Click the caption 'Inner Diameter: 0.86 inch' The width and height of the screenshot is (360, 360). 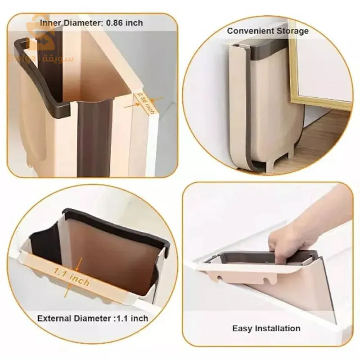coord(91,23)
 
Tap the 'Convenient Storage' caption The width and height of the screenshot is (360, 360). coord(268,31)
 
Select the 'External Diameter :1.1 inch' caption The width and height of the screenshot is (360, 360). coord(93,319)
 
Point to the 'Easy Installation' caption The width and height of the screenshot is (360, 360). coord(266,328)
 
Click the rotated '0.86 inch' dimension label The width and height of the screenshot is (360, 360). coord(146,103)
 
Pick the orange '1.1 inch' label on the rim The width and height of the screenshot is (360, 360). coord(72,277)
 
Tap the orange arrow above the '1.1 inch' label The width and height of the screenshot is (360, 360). coord(78,264)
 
